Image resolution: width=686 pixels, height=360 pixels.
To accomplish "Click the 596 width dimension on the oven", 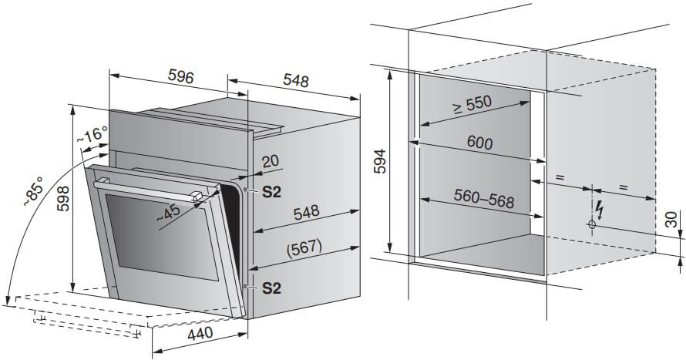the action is [x=180, y=77].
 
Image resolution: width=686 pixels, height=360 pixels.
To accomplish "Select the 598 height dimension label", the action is [x=63, y=199].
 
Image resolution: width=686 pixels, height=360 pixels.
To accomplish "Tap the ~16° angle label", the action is [x=92, y=134].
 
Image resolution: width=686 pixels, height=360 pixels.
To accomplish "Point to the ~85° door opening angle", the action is [x=34, y=191].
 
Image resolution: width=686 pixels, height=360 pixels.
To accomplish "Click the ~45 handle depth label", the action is [x=168, y=213].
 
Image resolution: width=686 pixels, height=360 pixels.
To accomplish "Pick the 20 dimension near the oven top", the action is [x=271, y=161].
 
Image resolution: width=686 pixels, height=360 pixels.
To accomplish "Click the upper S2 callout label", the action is [x=271, y=192].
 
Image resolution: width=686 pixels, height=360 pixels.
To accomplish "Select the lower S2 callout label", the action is [x=271, y=288].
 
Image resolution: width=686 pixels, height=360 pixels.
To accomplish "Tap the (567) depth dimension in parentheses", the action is [x=304, y=248].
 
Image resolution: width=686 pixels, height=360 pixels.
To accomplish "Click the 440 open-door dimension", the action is [x=200, y=334].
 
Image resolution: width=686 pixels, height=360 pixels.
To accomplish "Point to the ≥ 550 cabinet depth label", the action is [x=472, y=105].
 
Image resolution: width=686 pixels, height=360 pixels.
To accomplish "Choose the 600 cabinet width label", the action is [x=479, y=143].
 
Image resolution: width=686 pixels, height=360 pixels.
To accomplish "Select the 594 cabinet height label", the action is [x=380, y=161].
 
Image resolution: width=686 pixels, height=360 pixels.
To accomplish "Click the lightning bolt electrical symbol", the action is [x=600, y=210].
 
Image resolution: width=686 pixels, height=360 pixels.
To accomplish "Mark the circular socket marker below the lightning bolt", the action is [x=592, y=224].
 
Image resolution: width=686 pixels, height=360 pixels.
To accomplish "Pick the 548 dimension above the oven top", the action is [x=296, y=80].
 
